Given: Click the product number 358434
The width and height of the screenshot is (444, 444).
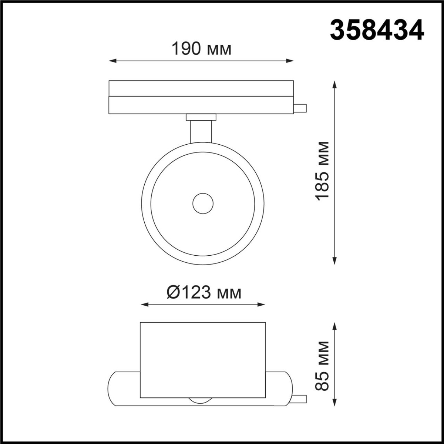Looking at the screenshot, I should click(377, 30).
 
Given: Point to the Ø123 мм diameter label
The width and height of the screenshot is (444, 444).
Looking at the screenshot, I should click(204, 293).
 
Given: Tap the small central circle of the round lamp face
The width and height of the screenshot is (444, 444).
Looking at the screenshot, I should click(203, 203).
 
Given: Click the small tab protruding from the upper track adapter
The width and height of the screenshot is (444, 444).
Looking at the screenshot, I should click(300, 108).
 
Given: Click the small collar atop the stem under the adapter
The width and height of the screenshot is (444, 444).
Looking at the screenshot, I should click(201, 117).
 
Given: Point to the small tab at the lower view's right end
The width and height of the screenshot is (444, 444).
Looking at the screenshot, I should click(299, 400).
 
